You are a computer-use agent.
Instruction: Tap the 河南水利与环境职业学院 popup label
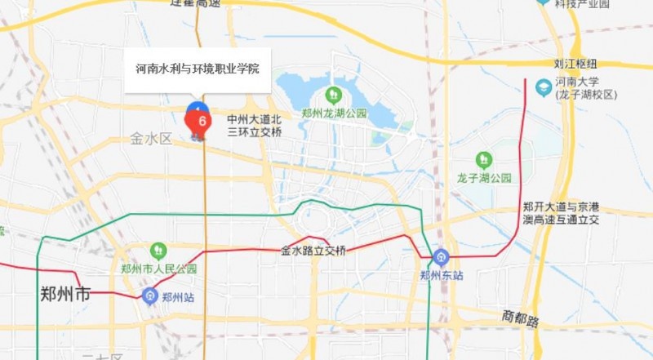pos(197,69)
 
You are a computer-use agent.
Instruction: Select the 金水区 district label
pos(151,139)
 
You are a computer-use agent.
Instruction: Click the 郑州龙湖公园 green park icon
pos(332,96)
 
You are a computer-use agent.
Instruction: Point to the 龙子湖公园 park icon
pos(484,159)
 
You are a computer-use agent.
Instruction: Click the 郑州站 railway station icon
pos(150,296)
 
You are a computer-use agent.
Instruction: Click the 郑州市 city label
pos(65,295)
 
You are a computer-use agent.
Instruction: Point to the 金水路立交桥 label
pos(313,250)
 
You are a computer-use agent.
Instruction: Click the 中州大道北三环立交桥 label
pos(255,125)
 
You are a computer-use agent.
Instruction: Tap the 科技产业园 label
pos(583,4)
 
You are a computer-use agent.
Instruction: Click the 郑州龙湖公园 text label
pos(333,113)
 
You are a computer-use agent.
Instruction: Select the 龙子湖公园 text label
pos(484,177)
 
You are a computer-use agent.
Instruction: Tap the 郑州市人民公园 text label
pos(159,269)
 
